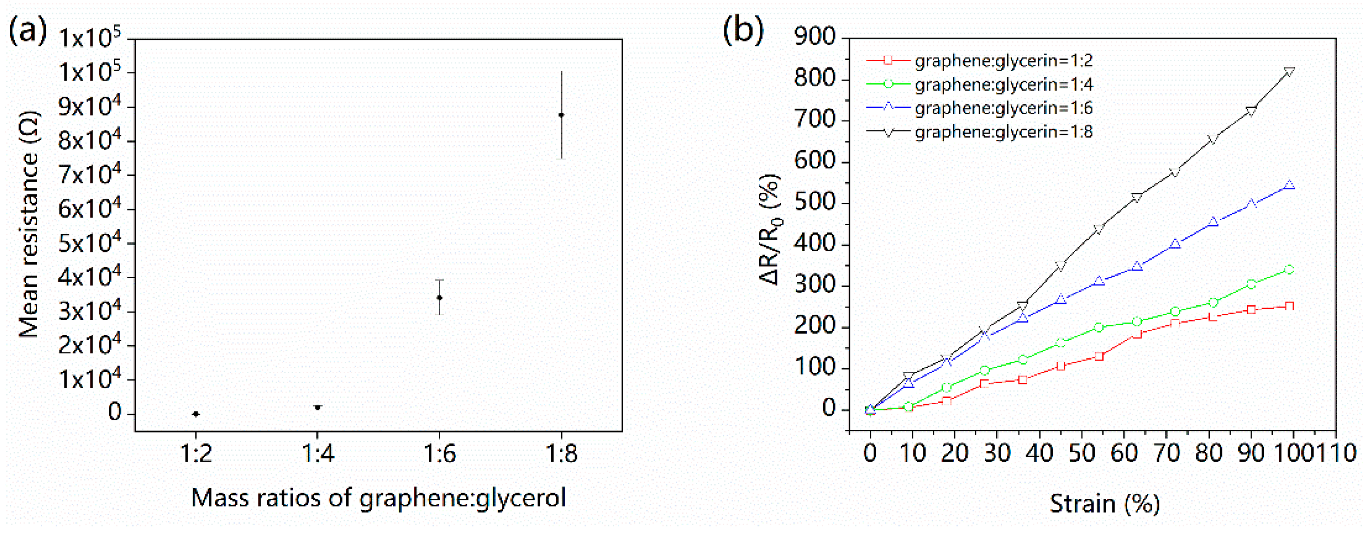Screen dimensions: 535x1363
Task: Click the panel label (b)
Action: pos(743,31)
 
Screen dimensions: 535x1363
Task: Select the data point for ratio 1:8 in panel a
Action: pos(562,115)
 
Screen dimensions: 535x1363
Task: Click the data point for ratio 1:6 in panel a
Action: pos(439,298)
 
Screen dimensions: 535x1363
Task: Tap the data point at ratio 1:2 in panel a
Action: pos(196,414)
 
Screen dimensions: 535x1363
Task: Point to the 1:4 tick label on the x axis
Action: pos(317,453)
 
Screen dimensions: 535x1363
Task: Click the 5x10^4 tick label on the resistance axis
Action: pos(89,243)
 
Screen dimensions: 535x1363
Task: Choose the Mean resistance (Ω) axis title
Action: pos(29,225)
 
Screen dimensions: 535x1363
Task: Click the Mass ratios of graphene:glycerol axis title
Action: pos(378,498)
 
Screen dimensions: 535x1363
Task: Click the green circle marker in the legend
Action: pos(888,84)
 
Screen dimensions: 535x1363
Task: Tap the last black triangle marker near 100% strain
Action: pos(1290,72)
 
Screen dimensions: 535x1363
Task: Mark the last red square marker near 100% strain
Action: pos(1290,306)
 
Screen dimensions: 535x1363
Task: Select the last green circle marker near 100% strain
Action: pos(1290,270)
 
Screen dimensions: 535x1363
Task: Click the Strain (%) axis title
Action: pos(1105,503)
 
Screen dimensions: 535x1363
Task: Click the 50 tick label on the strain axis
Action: pos(1082,453)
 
